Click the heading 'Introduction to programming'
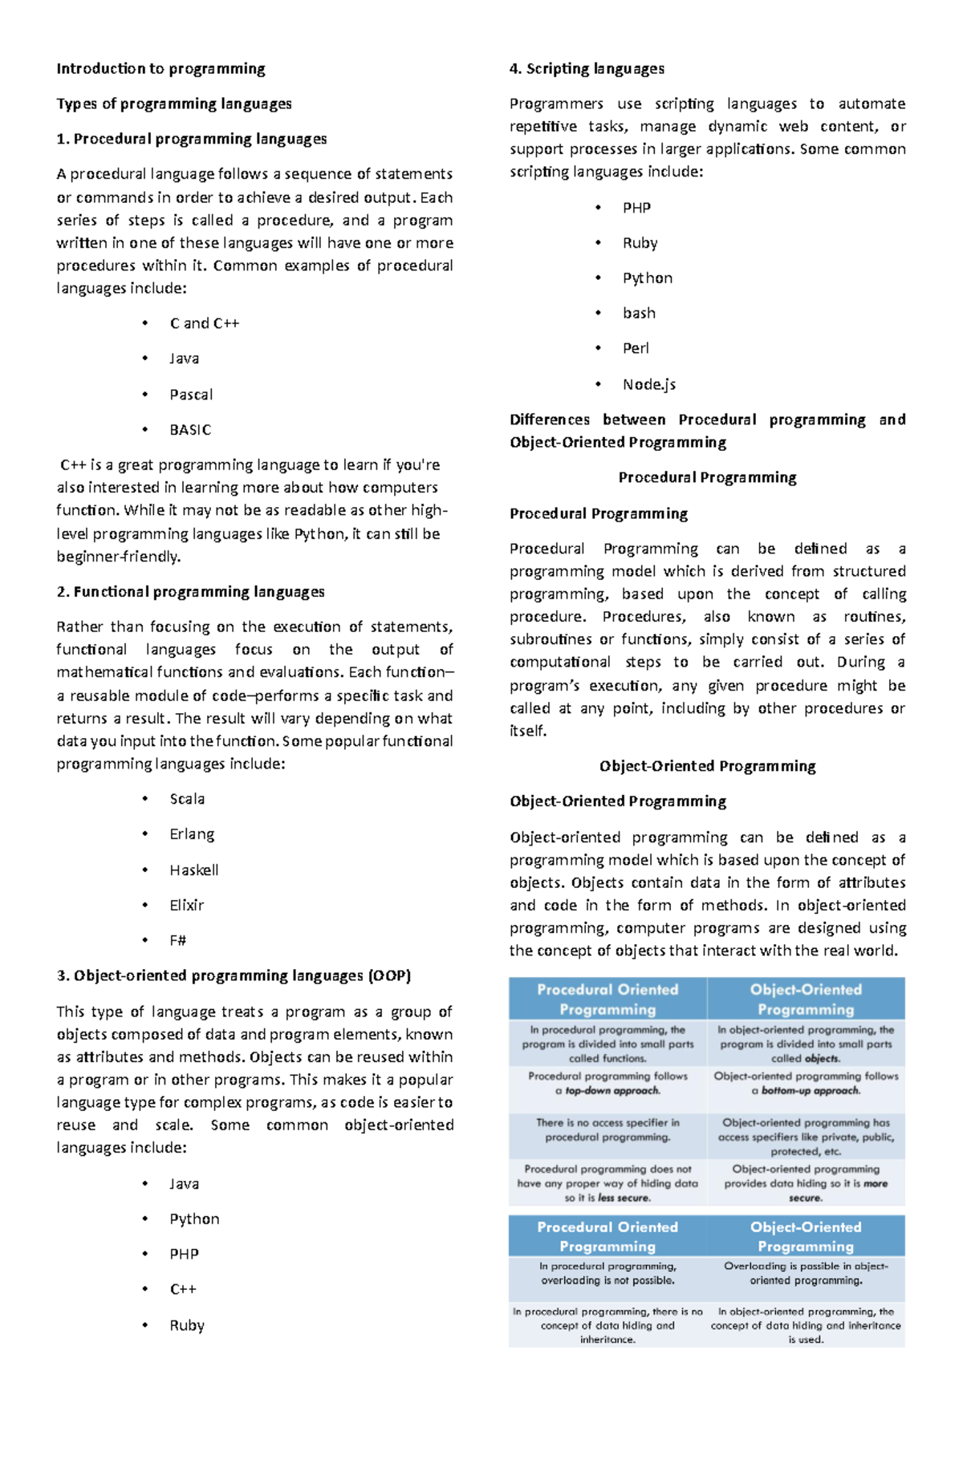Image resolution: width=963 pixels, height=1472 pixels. click(x=160, y=68)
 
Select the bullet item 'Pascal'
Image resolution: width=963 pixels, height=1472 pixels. click(x=191, y=395)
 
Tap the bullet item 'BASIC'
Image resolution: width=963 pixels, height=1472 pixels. click(x=190, y=430)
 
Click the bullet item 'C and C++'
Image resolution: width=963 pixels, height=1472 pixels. click(x=204, y=323)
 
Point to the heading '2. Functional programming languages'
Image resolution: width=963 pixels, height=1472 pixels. click(x=190, y=592)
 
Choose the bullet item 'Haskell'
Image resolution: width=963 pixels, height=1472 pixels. click(x=193, y=870)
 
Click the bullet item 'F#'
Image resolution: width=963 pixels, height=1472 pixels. click(x=177, y=940)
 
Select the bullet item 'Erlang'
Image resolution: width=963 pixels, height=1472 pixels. click(x=192, y=834)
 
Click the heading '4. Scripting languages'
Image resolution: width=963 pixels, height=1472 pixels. click(x=587, y=68)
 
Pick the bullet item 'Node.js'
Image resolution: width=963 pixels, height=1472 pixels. click(x=648, y=384)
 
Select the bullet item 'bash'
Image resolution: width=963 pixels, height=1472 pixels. click(x=639, y=313)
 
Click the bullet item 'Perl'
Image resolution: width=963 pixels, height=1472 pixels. click(x=636, y=348)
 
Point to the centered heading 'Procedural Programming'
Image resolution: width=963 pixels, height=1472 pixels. click(x=707, y=477)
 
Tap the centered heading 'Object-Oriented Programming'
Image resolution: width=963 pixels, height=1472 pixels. click(x=707, y=766)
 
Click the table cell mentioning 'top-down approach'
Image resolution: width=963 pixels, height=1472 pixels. click(x=607, y=1084)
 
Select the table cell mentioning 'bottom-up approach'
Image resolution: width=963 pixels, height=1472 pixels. click(x=806, y=1084)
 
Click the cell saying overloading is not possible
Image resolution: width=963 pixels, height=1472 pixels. click(x=607, y=1273)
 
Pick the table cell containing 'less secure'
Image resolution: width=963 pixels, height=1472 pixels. click(x=607, y=1183)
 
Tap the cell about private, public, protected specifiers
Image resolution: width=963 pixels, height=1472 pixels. click(x=806, y=1137)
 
